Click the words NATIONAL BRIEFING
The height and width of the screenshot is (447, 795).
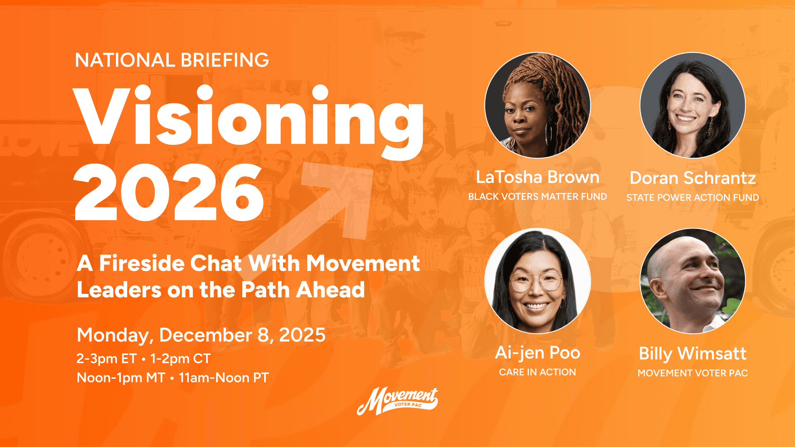tap(172, 60)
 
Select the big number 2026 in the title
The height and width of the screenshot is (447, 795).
tap(169, 192)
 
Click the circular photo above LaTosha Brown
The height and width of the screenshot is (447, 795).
tap(537, 105)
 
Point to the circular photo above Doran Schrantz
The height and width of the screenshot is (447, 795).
tap(693, 105)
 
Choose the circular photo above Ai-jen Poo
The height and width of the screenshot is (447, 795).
tap(537, 281)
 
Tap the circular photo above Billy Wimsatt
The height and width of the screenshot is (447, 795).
tap(693, 281)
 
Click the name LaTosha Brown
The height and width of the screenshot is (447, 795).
tap(537, 177)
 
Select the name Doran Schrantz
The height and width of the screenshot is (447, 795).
tap(693, 178)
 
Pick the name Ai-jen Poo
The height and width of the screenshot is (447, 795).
tap(537, 353)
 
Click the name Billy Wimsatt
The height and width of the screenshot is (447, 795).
tap(693, 353)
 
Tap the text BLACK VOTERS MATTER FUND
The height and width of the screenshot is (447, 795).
tap(537, 197)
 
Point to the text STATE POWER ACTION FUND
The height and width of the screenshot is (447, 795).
tap(693, 197)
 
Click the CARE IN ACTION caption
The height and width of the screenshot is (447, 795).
tap(537, 372)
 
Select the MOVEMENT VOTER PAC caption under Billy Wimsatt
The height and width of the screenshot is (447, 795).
tap(693, 373)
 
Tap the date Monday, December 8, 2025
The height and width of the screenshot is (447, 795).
tap(201, 335)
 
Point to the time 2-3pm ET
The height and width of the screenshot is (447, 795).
tap(106, 358)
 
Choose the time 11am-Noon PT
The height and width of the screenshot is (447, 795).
tap(224, 377)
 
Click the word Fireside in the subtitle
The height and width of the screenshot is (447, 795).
tap(141, 263)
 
